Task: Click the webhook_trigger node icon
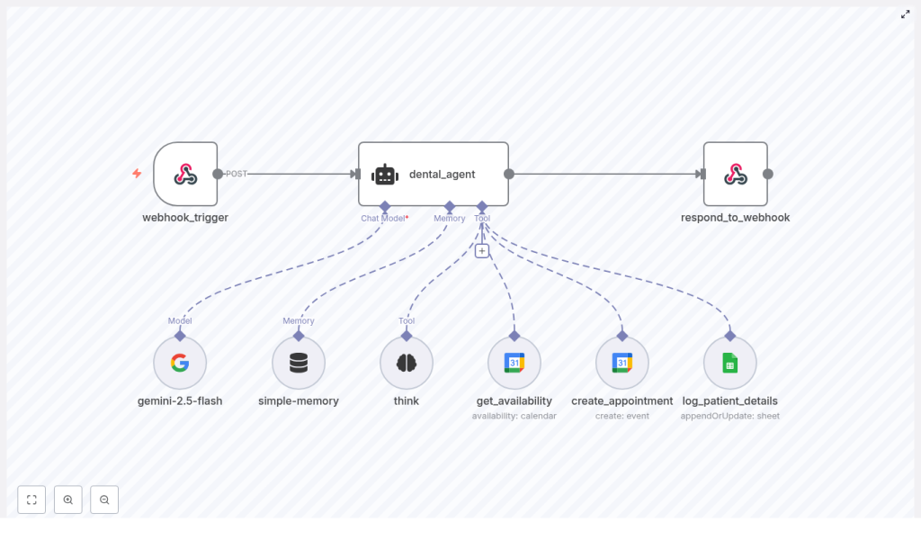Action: [x=185, y=174]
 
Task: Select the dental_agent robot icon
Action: [x=385, y=175]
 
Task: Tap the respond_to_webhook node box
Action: [x=735, y=174]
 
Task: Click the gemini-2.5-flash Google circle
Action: [x=180, y=363]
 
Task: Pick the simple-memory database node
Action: [x=299, y=363]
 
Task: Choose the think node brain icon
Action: [x=407, y=363]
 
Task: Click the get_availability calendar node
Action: [x=514, y=363]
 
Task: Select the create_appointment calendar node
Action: [x=621, y=363]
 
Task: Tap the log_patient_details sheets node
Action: [x=729, y=363]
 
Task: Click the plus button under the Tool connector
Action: [x=482, y=251]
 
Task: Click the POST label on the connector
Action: [x=237, y=174]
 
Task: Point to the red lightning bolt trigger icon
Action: [x=137, y=174]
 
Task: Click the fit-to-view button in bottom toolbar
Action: [x=31, y=499]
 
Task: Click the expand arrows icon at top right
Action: [x=905, y=14]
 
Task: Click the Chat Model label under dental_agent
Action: [x=383, y=218]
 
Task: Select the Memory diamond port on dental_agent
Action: [x=450, y=206]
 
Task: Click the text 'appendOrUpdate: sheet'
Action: [x=729, y=416]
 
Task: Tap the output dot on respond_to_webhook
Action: [x=767, y=174]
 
